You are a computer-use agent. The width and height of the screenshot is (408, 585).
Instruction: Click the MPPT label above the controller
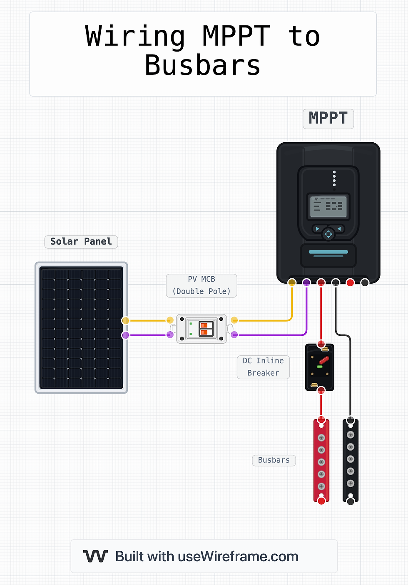click(328, 119)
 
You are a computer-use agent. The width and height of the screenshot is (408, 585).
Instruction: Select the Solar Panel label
click(81, 242)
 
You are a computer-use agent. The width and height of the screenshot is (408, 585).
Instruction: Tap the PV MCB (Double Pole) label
click(202, 285)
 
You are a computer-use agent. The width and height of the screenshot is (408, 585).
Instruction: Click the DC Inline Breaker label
click(263, 367)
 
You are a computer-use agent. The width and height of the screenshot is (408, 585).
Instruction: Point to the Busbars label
click(274, 460)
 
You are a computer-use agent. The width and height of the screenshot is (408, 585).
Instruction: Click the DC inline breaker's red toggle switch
click(324, 360)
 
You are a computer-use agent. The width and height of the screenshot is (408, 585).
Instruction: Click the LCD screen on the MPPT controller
click(328, 207)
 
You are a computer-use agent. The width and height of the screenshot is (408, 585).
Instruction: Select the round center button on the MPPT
click(328, 234)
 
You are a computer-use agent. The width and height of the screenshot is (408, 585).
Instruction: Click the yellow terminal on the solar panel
click(125, 320)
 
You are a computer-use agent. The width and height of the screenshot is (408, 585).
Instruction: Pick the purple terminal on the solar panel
click(125, 335)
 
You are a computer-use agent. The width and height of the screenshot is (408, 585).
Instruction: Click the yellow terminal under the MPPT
click(292, 283)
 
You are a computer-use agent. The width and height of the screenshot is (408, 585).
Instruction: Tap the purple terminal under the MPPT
click(306, 283)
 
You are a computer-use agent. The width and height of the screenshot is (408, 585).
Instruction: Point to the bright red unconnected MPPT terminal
click(350, 283)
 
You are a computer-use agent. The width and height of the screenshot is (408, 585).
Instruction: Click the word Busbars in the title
click(202, 65)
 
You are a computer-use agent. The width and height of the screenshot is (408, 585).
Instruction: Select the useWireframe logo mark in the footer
click(95, 556)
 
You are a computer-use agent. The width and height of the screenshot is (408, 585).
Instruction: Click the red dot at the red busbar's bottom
click(321, 501)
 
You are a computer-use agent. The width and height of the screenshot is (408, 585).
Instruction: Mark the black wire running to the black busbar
click(350, 374)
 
